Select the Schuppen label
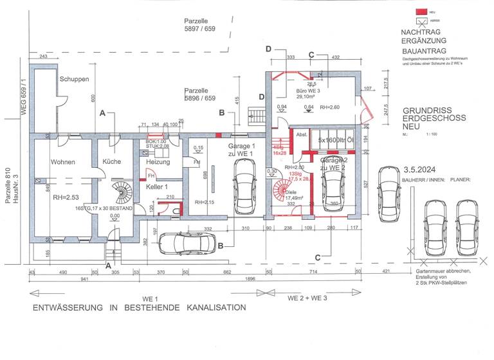(75, 79)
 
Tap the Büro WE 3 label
(311, 90)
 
